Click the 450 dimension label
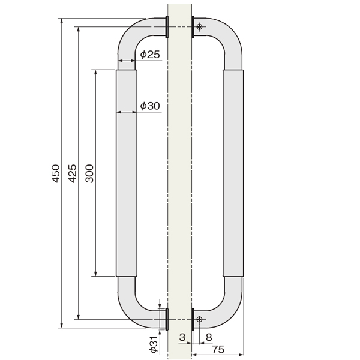pos(56,173)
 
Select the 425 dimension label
pos(73,173)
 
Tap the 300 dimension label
pos(89,173)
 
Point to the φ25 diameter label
pos(150,55)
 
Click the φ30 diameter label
pos(150,106)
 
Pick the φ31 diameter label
pos(154,344)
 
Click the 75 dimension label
pos(218,349)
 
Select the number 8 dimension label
pos(209,337)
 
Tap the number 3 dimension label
pos(182,337)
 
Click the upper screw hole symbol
pos(199,26)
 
